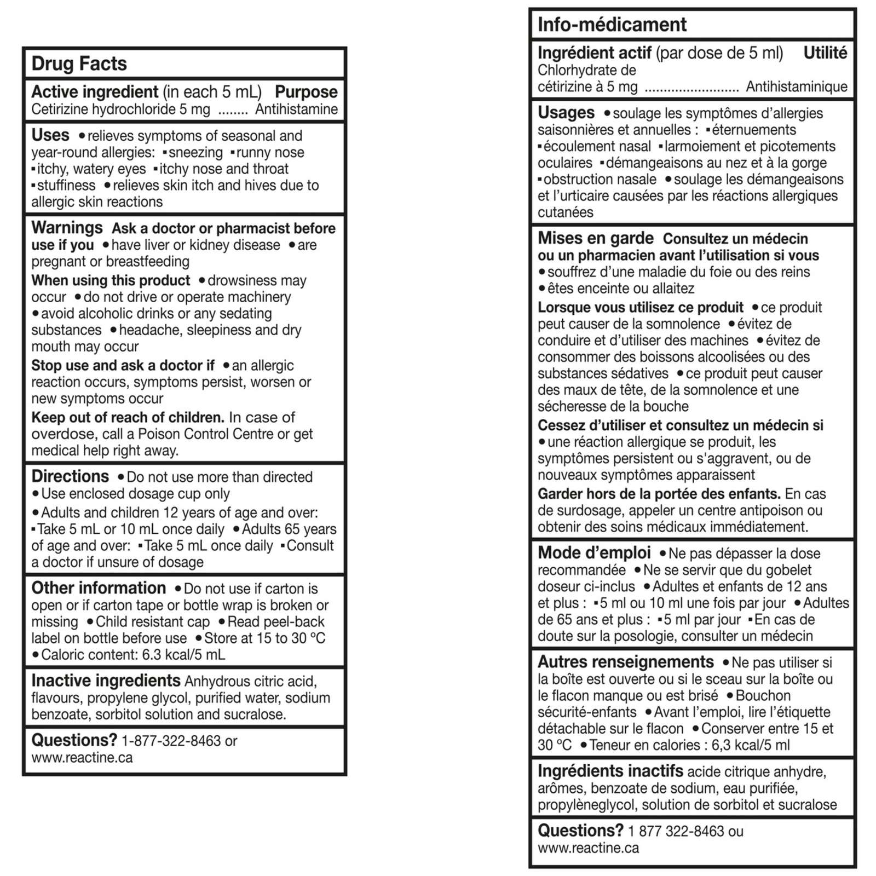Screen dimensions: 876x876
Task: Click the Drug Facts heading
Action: tap(79, 64)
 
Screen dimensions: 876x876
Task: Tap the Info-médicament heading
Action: tap(612, 25)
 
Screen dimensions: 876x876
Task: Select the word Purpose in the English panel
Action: tap(306, 92)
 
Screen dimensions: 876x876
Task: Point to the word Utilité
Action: tap(825, 53)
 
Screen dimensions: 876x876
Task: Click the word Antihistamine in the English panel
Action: tap(296, 109)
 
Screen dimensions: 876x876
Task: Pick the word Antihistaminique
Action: tap(797, 87)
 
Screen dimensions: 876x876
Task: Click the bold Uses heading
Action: tap(50, 135)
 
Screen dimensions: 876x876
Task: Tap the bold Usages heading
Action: tap(566, 113)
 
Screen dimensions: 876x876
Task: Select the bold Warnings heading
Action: tap(67, 228)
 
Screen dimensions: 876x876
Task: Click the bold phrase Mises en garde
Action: tap(595, 238)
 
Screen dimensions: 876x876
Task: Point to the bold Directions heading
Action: tap(70, 476)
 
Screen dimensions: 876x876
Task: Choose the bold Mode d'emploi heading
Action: tap(594, 553)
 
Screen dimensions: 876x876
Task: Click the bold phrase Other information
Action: tap(99, 588)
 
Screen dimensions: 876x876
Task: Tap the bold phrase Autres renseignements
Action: tap(625, 662)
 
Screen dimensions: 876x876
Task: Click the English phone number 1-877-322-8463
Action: tap(171, 741)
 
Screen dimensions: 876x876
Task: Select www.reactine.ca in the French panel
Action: tap(588, 848)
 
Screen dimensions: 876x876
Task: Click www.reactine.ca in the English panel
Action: tap(82, 758)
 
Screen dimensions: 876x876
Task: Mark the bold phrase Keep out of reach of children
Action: tap(128, 418)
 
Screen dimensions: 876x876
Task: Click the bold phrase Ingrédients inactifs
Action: tap(610, 771)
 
